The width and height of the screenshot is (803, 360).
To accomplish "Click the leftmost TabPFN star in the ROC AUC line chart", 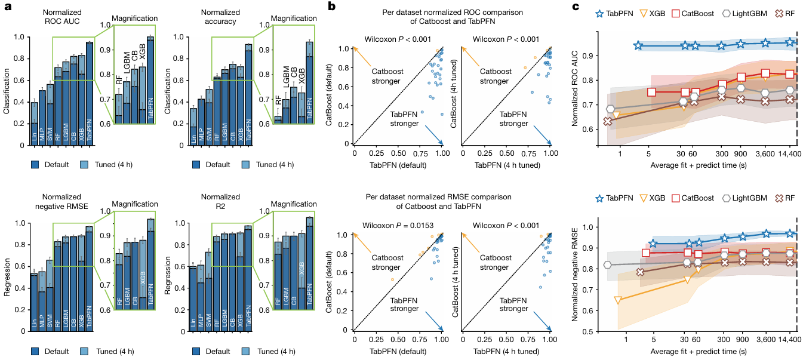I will [638, 46].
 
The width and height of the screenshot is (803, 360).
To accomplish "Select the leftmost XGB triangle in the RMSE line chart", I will [618, 300].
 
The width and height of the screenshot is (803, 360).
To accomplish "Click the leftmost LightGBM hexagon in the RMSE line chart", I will [608, 265].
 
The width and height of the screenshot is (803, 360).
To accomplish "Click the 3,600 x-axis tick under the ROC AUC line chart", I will [766, 154].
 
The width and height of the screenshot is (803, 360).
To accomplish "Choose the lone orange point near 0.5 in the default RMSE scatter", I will [392, 279].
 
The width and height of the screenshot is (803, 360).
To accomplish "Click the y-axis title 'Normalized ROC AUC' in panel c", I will [576, 90].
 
